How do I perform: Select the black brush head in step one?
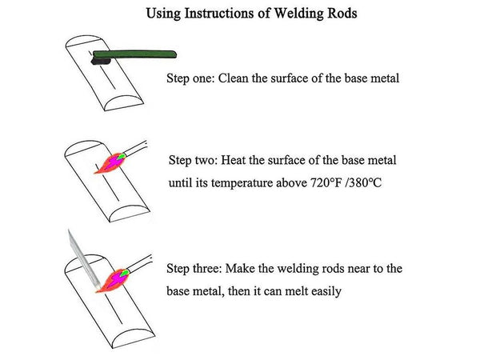[x=102, y=58]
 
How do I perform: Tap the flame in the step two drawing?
[x=110, y=164]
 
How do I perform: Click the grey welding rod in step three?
[x=84, y=256]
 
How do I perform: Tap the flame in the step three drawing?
[x=110, y=282]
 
